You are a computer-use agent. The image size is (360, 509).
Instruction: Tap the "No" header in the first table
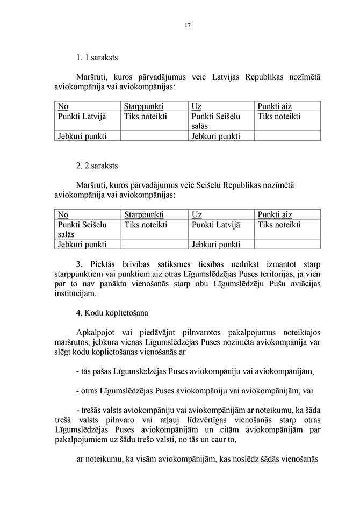[x=63, y=106]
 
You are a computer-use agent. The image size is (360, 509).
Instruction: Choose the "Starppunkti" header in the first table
[x=143, y=106]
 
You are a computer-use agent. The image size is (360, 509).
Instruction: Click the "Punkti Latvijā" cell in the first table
[x=82, y=116]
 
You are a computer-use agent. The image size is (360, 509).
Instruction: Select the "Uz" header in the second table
[x=196, y=214]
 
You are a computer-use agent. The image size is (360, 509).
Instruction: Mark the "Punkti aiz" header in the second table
[x=275, y=214]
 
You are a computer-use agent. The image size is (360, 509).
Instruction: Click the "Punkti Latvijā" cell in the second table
[x=215, y=225]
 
